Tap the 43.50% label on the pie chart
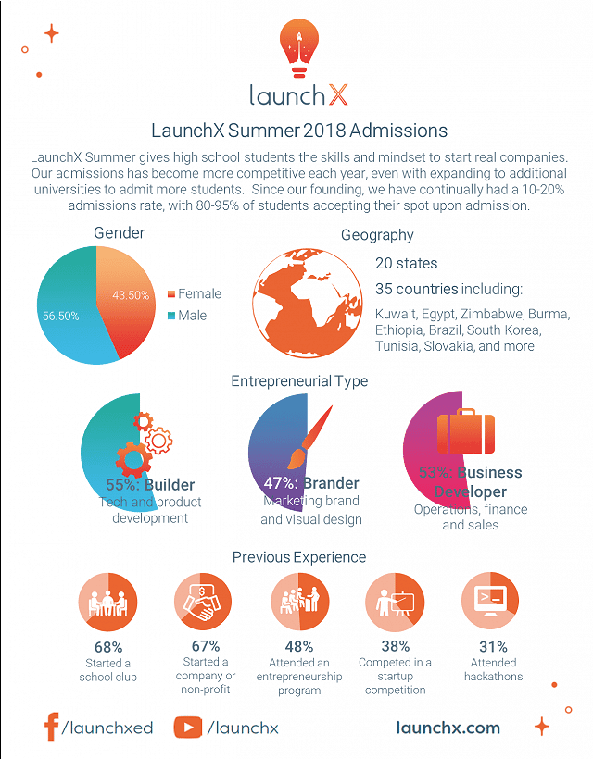tap(131, 295)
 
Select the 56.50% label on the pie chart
tap(61, 316)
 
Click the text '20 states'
tap(407, 264)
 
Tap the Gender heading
tap(120, 233)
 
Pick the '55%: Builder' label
tap(150, 485)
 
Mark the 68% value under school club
tap(108, 647)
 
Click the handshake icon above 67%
tap(204, 602)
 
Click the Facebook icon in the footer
tap(52, 727)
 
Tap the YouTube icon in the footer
tap(188, 728)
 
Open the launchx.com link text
tap(448, 728)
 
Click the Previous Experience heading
tap(299, 557)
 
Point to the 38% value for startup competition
tap(396, 647)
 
